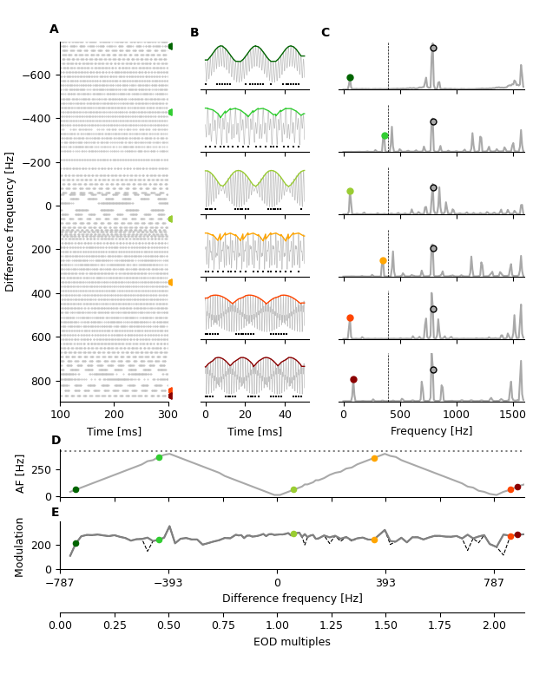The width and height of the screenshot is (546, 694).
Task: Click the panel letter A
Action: coord(54,29)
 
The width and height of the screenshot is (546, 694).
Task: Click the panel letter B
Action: coord(194,33)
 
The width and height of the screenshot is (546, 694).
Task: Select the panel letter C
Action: coord(326,33)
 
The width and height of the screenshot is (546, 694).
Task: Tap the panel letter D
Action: coord(56,441)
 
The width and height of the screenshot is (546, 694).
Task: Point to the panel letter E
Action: coord(56,513)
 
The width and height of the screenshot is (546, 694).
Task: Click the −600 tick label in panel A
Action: coord(38,75)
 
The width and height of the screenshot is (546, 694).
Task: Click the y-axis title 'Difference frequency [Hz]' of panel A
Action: coord(10,221)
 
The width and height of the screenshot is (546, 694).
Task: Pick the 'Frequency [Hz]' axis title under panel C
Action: coord(431,431)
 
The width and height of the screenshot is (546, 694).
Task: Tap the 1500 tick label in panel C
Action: coord(512,414)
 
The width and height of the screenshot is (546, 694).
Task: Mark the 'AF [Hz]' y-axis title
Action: coord(22,474)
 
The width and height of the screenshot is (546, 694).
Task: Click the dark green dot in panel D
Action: coord(76,489)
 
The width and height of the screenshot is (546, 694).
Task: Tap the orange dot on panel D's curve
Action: coord(374,458)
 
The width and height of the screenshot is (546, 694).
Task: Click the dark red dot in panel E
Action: coord(517,535)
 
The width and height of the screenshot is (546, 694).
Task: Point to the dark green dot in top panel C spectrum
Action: coord(350,78)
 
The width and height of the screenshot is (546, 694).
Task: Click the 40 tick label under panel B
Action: coord(285,414)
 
